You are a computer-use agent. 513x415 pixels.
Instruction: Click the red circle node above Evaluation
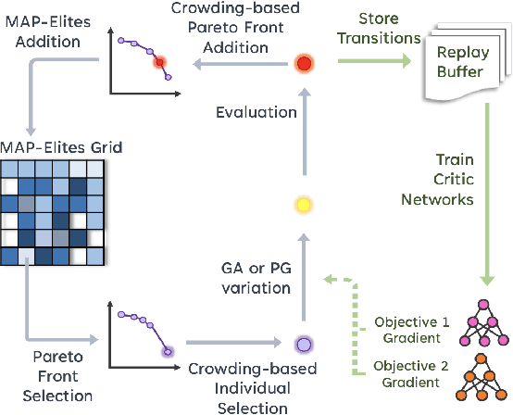coord(304,64)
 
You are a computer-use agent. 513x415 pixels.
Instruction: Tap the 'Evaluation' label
coord(256,112)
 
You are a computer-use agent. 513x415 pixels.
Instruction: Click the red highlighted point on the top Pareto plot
coord(158,62)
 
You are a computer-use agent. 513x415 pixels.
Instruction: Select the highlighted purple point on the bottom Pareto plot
coord(166,351)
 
